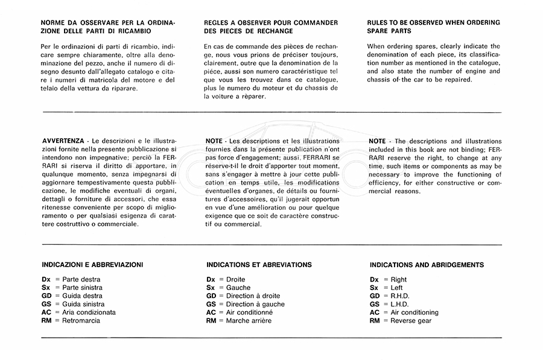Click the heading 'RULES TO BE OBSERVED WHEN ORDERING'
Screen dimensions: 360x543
[x=433, y=22]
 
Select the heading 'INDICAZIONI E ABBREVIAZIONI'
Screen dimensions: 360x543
[x=92, y=265]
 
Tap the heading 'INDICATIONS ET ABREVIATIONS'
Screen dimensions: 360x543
[x=259, y=265]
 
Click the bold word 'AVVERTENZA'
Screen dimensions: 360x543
[x=63, y=141]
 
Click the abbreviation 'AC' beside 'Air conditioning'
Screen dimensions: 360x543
[x=375, y=312]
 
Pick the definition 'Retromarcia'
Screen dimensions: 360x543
[x=81, y=321]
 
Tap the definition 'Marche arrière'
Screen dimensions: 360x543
[x=249, y=321]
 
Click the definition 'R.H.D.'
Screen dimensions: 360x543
[x=402, y=296]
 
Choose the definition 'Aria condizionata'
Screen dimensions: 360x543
[x=89, y=312]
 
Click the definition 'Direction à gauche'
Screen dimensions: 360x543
[x=255, y=305]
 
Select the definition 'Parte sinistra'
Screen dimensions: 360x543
[x=83, y=288]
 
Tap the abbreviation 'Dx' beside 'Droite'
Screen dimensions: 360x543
[x=211, y=280]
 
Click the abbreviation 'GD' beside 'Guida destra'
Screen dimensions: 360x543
[x=47, y=296]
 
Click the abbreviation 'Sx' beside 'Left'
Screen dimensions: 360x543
[x=374, y=288]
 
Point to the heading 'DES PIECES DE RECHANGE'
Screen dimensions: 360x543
[x=249, y=31]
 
